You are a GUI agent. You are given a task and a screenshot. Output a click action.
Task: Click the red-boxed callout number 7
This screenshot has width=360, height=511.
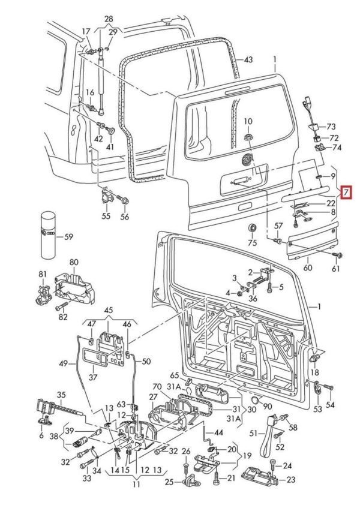[x=345, y=193]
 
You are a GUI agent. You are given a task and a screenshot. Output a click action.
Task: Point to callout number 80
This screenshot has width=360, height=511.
[x=74, y=263]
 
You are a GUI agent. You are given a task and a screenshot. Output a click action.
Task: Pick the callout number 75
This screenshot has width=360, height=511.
[x=252, y=243]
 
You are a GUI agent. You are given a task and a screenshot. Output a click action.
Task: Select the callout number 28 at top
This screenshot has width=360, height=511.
[x=108, y=19]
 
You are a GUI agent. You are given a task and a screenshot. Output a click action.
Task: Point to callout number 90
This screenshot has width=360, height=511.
[x=268, y=407]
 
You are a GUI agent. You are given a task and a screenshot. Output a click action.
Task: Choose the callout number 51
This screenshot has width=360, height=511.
[x=253, y=433]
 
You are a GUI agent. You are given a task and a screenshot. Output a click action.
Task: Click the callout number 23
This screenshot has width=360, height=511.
[x=291, y=480]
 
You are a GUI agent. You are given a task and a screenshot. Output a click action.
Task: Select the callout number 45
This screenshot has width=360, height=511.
[x=108, y=311]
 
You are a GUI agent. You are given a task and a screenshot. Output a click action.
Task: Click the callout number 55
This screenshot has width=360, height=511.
[x=106, y=216]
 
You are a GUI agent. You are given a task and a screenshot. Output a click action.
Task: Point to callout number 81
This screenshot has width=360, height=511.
[x=42, y=274]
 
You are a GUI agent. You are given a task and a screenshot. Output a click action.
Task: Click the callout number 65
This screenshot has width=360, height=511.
[x=175, y=374]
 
